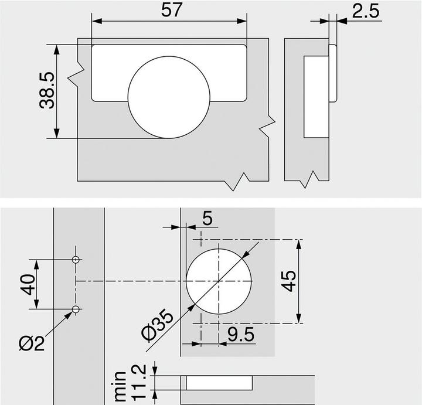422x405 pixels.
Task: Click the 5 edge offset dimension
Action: pos(207,219)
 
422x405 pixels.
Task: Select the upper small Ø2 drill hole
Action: pos(76,259)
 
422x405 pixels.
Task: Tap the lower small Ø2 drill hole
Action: pos(76,309)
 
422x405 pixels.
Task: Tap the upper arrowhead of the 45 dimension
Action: pos(300,244)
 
